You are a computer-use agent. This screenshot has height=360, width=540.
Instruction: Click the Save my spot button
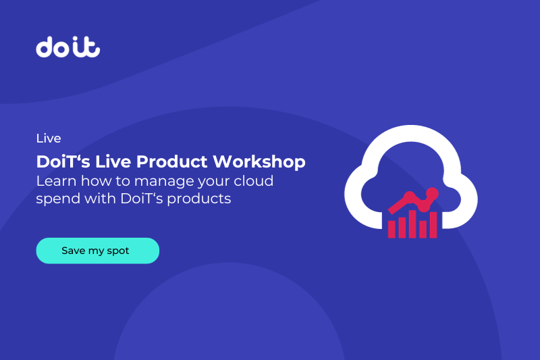(x=97, y=251)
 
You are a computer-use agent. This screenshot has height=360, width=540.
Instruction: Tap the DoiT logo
(x=68, y=47)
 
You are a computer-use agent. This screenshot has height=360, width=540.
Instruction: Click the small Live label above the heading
(x=49, y=138)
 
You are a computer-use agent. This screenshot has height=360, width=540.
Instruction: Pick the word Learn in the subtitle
(x=54, y=181)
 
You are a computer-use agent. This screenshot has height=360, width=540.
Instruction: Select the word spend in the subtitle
(x=56, y=200)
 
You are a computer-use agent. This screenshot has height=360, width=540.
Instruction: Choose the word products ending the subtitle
(x=203, y=200)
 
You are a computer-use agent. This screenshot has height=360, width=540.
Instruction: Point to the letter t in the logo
(x=92, y=47)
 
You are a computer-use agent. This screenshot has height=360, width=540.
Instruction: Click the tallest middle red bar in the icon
(x=412, y=222)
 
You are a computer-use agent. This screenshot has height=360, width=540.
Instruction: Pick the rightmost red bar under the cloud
(x=433, y=225)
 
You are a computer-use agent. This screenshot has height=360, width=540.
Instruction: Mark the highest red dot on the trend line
(x=433, y=193)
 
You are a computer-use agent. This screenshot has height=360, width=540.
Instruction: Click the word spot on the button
(x=118, y=251)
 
